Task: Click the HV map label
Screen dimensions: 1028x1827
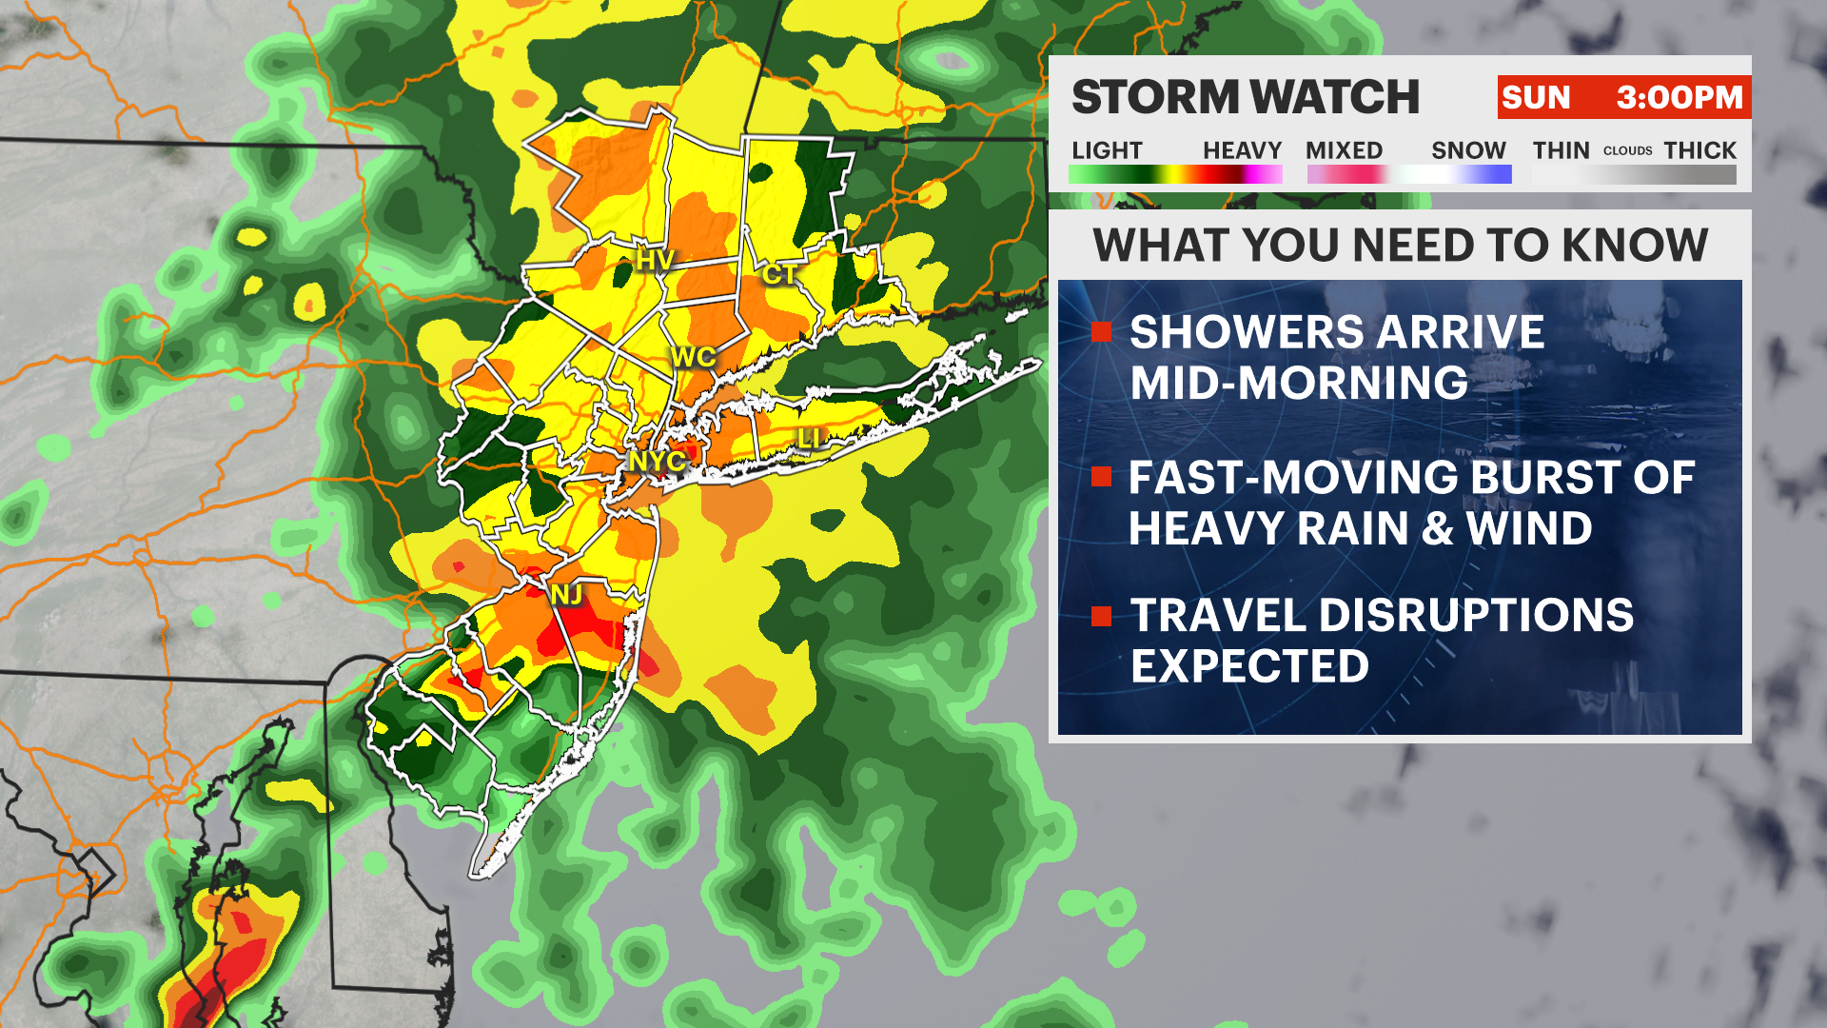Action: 655,260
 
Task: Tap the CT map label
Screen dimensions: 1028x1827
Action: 779,275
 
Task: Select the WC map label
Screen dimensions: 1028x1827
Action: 693,358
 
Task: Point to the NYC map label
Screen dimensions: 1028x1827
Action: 657,462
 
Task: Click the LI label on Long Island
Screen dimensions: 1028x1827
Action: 809,439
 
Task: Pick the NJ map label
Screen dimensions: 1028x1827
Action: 566,595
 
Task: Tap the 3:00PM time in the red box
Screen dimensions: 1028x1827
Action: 1680,97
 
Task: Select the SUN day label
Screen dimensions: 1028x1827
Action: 1536,97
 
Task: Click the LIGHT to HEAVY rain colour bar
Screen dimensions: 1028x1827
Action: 1175,174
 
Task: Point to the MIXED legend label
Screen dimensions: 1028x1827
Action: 1344,150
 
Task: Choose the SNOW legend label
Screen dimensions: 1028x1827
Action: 1468,150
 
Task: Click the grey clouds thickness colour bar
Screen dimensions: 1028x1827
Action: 1634,175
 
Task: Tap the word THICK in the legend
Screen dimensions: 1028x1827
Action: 1699,150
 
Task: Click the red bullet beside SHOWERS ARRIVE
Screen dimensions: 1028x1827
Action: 1102,331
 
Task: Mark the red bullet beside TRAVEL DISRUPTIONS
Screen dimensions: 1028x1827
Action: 1102,616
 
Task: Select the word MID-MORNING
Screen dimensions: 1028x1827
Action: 1299,383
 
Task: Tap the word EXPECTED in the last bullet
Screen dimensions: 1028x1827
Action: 1249,666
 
